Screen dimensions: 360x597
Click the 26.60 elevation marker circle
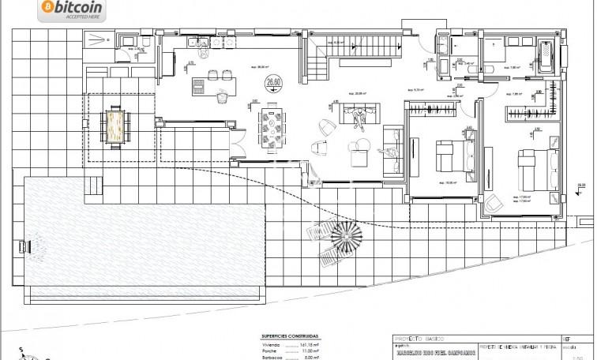pyautogui.click(x=274, y=81)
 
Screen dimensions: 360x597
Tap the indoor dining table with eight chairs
pyautogui.click(x=276, y=126)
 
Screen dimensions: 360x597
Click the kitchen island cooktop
pyautogui.click(x=216, y=77)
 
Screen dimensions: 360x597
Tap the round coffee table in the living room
pyautogui.click(x=360, y=145)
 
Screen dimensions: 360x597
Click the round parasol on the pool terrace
pyautogui.click(x=345, y=234)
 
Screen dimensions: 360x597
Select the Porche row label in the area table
pyautogui.click(x=271, y=352)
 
